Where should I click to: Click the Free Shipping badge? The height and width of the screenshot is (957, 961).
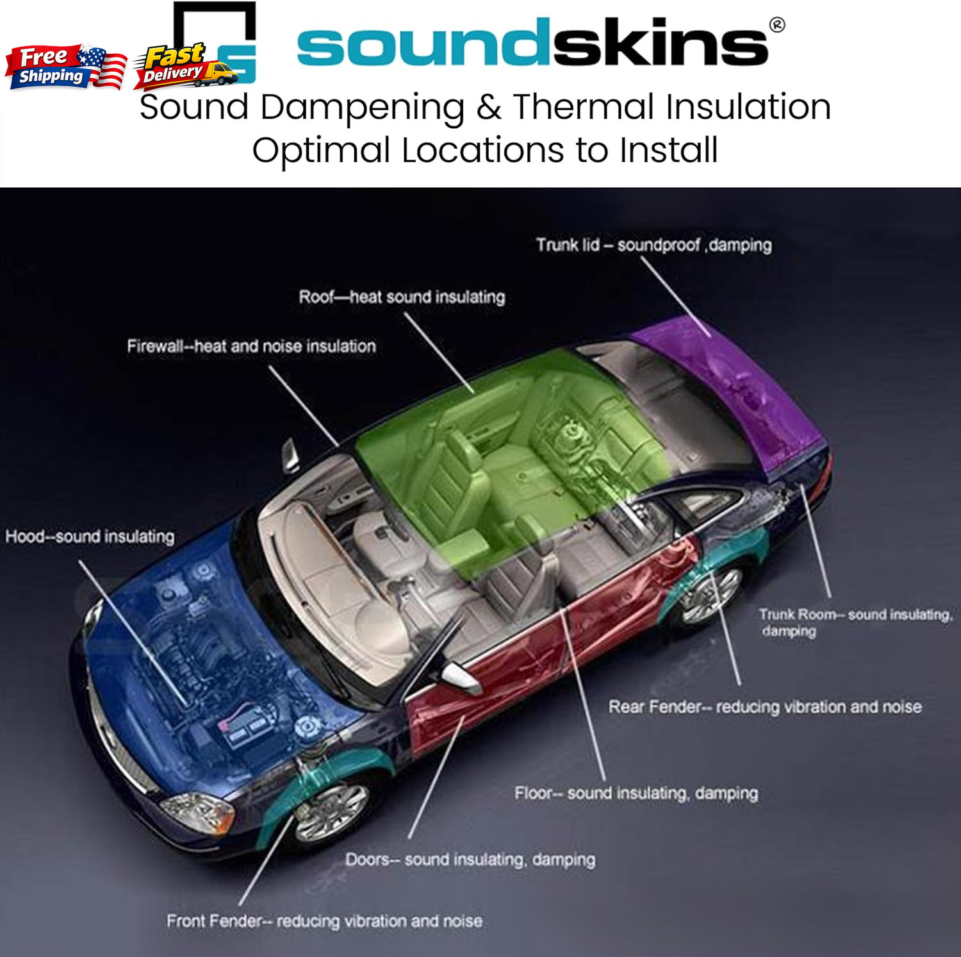pos(66,67)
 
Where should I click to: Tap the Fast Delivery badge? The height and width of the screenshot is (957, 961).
pos(186,65)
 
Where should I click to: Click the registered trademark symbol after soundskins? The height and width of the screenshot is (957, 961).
pos(776,25)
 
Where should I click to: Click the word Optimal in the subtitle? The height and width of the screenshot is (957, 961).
pos(321,151)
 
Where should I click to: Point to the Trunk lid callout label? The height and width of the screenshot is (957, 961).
pos(654,245)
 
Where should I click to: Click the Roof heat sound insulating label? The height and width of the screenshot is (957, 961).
pos(402,297)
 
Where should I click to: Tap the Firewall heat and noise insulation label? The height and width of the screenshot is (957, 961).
pos(251,346)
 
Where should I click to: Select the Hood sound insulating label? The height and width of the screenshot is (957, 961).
pos(90,536)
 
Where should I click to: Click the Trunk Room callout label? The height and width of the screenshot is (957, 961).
pos(856,622)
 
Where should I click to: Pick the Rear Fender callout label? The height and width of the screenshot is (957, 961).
pos(765,706)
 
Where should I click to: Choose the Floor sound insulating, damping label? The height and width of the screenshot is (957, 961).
pos(636,793)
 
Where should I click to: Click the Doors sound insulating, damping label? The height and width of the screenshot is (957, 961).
pos(470,859)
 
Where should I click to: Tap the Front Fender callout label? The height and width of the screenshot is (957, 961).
pos(324,921)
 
